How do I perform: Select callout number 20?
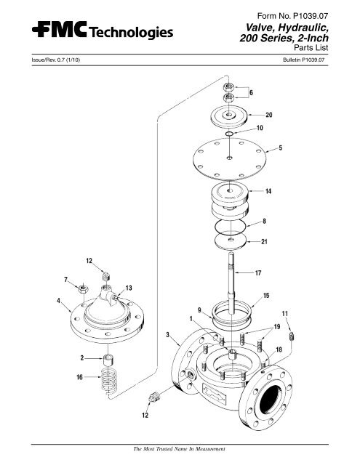tap(268, 116)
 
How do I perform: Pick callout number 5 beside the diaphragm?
tap(280, 149)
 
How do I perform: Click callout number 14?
tap(268, 191)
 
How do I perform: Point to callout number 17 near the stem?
tap(258, 273)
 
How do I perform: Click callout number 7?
tap(66, 279)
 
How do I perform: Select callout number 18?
tap(279, 350)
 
